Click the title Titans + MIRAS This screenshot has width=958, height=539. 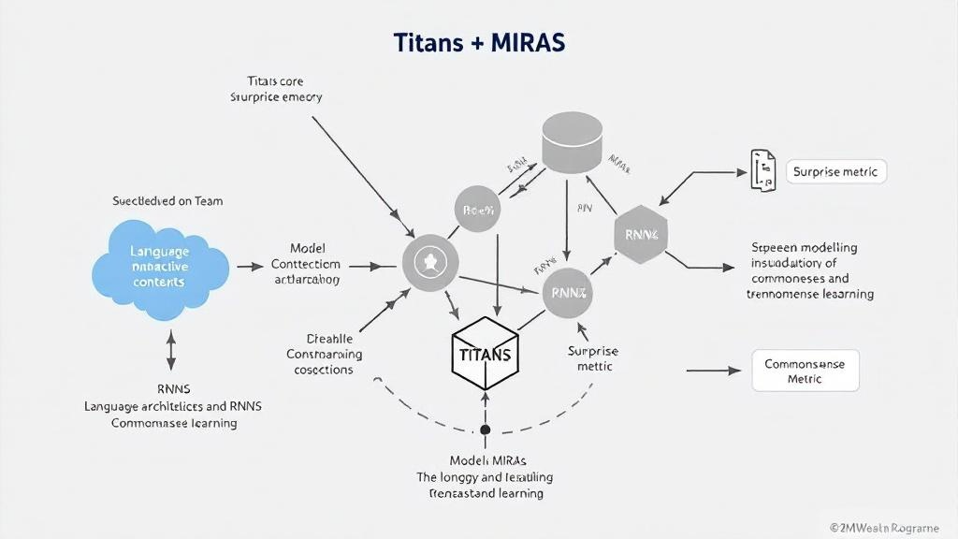(x=479, y=44)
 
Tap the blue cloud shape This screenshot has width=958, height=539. (x=160, y=266)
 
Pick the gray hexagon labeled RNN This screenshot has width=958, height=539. (x=643, y=235)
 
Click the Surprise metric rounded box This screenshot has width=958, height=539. (x=835, y=172)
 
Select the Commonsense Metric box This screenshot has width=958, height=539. (x=805, y=371)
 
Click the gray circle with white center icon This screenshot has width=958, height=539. (x=431, y=263)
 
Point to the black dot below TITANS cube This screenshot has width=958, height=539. (x=485, y=430)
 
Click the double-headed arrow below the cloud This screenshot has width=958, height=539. (x=170, y=351)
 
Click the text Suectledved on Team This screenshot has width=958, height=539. (x=167, y=201)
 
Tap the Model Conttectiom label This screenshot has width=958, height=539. (x=307, y=264)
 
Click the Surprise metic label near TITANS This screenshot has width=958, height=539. (x=593, y=358)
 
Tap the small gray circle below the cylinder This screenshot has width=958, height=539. (x=478, y=211)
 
